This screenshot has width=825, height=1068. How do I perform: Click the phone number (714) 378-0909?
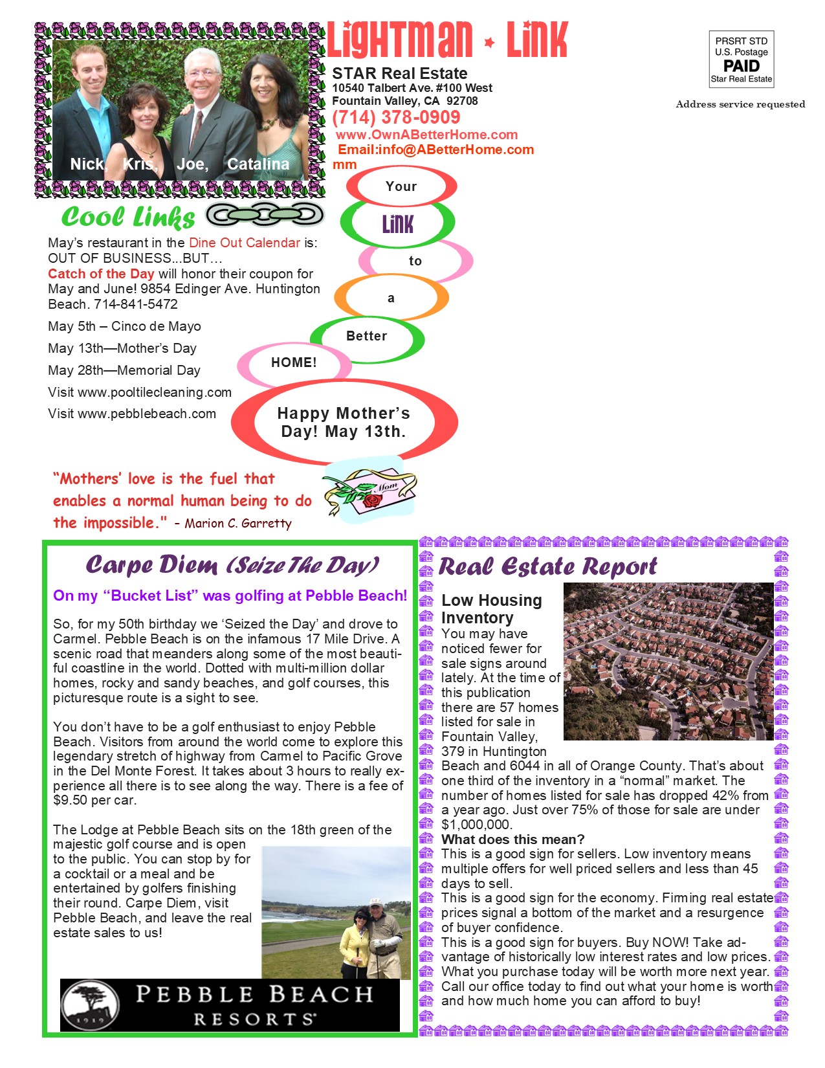[396, 118]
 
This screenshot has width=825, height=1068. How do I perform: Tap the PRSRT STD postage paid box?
[741, 60]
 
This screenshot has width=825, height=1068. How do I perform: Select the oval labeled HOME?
[294, 362]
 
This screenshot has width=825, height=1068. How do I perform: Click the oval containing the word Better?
[367, 337]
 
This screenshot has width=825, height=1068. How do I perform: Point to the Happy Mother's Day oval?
[344, 422]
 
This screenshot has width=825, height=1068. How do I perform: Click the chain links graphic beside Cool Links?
[265, 215]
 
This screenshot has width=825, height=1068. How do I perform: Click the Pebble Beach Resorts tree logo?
[91, 1004]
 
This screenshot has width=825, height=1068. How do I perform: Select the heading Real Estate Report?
[547, 567]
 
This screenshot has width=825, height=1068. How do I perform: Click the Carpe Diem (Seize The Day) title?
[232, 565]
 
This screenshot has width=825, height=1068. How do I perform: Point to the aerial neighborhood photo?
[668, 661]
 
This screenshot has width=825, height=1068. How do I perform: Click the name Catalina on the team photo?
[258, 164]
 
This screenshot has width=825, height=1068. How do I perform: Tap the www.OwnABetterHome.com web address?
[426, 135]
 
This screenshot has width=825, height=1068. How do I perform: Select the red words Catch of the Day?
[101, 274]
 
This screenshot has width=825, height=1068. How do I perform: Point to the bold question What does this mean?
[512, 840]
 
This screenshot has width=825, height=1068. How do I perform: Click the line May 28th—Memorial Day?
[124, 370]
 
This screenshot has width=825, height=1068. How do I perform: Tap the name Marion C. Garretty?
[238, 524]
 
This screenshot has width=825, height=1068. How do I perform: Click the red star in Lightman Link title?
[489, 43]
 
